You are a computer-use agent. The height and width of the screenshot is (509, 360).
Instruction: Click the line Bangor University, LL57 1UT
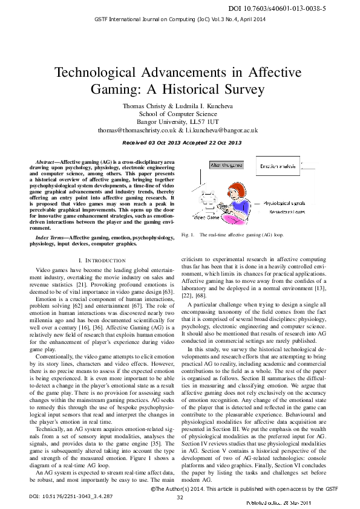tap(180, 122)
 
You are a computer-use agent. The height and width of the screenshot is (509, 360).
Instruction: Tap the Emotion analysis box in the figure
tap(278, 165)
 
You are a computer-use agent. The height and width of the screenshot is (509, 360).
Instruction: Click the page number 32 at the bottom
tap(180, 498)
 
